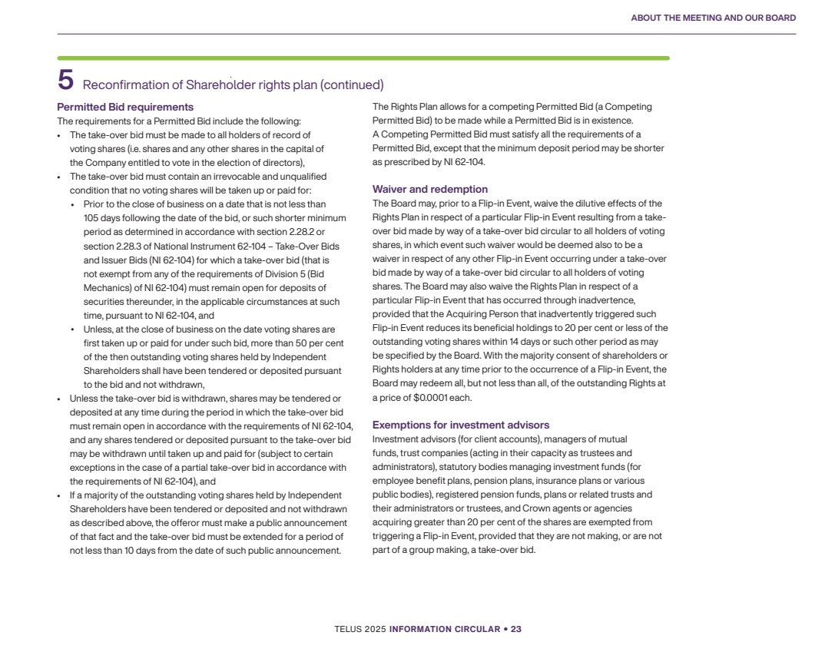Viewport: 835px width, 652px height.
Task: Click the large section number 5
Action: tap(65, 81)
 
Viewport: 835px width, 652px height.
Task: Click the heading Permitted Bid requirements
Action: tap(125, 107)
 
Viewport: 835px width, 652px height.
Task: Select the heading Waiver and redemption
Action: tap(429, 189)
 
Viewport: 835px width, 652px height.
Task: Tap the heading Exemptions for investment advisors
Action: tap(460, 425)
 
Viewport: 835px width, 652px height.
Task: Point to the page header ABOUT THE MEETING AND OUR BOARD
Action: tap(713, 18)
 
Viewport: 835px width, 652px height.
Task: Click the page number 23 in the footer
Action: tap(516, 629)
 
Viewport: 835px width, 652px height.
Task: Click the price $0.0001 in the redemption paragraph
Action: tap(430, 397)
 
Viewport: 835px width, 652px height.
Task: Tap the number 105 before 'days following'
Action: tap(91, 217)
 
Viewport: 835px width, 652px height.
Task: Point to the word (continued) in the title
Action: tap(352, 84)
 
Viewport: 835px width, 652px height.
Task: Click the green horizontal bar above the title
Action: tap(363, 58)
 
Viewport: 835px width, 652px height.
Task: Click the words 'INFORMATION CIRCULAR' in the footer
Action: tap(445, 629)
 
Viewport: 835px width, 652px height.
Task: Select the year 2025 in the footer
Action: tap(376, 629)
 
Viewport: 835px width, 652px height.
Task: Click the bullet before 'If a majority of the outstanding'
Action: tap(60, 495)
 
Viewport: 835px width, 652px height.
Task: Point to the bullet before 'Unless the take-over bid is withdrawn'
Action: tap(60, 398)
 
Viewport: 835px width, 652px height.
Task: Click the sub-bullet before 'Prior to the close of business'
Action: tap(73, 204)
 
